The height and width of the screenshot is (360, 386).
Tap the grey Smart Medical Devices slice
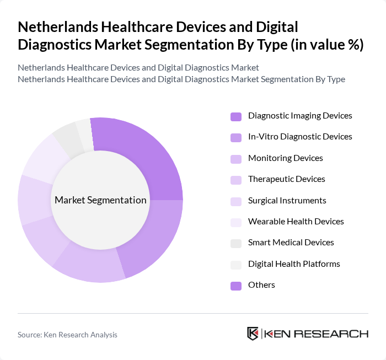[67, 138]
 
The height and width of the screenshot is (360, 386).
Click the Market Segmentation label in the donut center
[100, 200]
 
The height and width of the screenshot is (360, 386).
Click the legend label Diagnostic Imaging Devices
[300, 116]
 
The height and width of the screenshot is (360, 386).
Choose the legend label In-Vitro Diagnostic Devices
[300, 137]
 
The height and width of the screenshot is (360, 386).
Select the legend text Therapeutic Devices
[287, 179]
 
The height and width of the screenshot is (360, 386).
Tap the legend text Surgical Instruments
[287, 201]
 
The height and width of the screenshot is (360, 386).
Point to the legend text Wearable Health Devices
[296, 222]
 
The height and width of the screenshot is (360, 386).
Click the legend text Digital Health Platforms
[294, 264]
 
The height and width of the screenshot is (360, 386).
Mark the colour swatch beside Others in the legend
[235, 286]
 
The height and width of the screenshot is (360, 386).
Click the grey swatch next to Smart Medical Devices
[235, 243]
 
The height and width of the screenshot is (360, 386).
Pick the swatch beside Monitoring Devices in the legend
[235, 159]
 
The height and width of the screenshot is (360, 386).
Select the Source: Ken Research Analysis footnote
[67, 335]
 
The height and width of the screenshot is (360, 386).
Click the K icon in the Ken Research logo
[253, 334]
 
